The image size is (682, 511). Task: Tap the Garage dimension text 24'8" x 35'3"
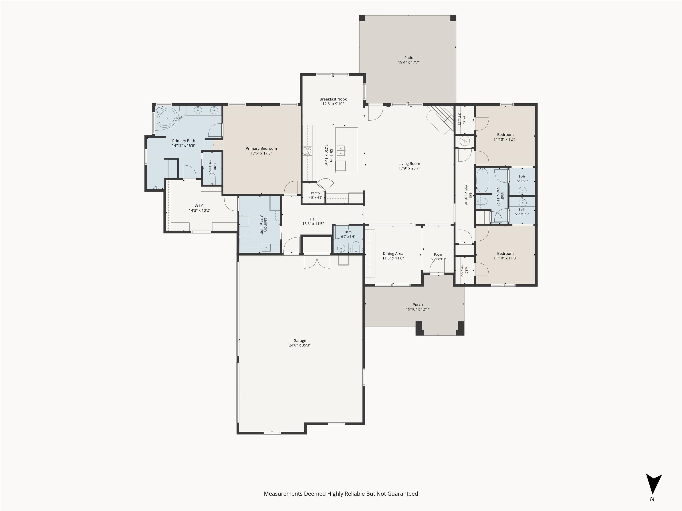tap(300, 345)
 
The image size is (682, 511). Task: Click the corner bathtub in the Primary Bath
tap(167, 118)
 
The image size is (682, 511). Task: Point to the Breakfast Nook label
tap(333, 99)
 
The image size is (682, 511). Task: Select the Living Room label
tap(409, 163)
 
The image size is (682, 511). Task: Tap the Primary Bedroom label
tap(261, 148)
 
